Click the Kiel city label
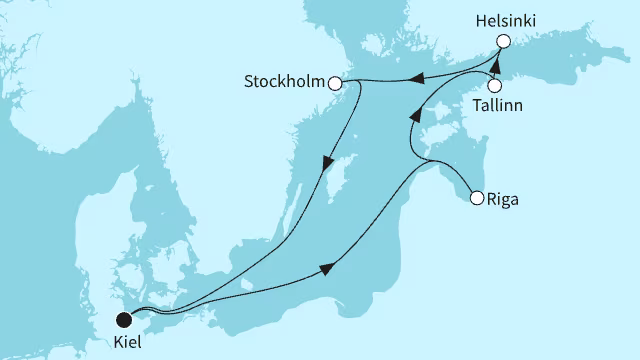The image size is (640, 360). click(126, 343)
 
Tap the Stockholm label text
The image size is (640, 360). click(284, 82)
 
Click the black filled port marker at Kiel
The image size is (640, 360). click(124, 320)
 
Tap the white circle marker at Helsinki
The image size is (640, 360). click(504, 41)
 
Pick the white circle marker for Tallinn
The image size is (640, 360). click(494, 86)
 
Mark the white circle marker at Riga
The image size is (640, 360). click(477, 197)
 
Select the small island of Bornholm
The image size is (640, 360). click(247, 293)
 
